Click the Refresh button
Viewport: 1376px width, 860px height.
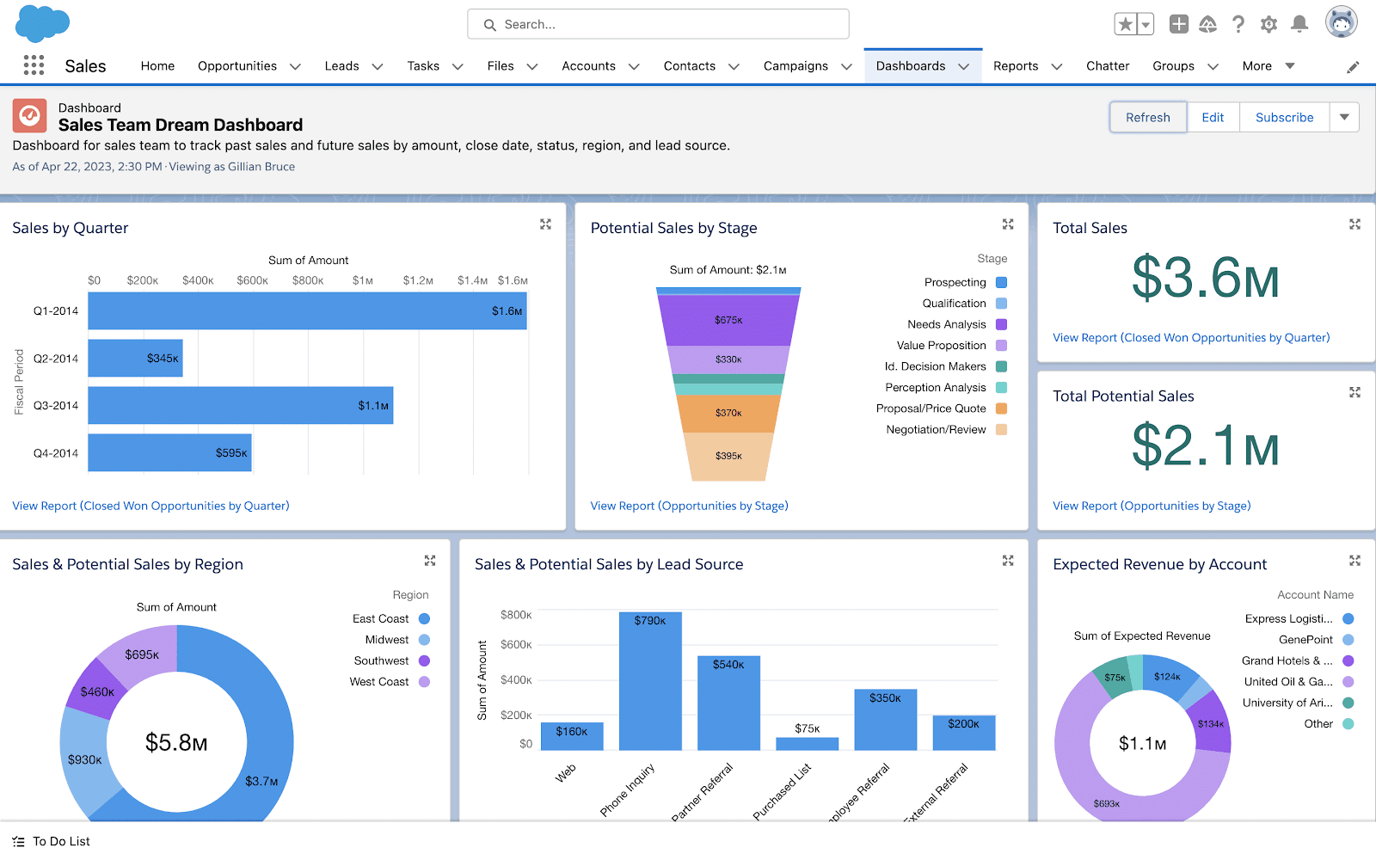point(1147,118)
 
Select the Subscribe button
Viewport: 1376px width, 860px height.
point(1284,118)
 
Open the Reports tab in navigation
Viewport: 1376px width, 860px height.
point(1016,66)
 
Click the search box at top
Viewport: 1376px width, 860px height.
point(658,25)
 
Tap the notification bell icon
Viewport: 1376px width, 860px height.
point(1299,24)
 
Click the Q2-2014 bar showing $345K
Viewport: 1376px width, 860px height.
point(135,359)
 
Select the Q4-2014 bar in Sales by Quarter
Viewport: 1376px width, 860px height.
point(169,453)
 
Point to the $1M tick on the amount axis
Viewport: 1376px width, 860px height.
point(362,280)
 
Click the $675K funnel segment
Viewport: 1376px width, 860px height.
point(728,320)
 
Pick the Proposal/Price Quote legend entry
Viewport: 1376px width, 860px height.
point(931,408)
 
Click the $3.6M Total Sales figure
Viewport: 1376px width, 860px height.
point(1205,279)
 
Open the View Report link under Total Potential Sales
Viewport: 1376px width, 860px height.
point(1152,506)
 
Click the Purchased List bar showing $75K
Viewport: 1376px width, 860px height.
point(807,743)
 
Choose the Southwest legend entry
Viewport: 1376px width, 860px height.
point(381,660)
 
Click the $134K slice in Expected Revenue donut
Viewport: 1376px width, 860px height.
point(1211,723)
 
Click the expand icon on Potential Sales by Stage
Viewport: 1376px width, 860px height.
point(1008,224)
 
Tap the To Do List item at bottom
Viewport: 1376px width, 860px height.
point(60,841)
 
